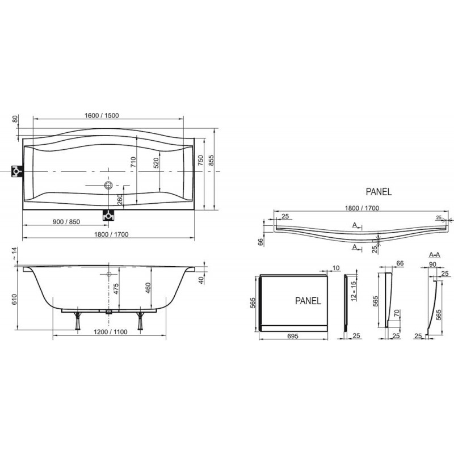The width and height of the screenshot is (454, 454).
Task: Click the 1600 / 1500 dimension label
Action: pyautogui.click(x=102, y=116)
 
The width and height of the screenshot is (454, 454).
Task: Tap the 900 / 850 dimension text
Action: pyautogui.click(x=66, y=222)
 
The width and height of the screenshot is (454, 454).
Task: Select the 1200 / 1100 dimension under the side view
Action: pyautogui.click(x=110, y=332)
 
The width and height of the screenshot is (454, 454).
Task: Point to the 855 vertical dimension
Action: pyautogui.click(x=211, y=161)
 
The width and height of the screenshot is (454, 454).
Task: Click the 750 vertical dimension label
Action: pyautogui.click(x=201, y=161)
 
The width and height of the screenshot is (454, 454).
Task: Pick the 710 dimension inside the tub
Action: pyautogui.click(x=133, y=162)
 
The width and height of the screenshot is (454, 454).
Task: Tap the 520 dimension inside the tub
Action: pyautogui.click(x=156, y=163)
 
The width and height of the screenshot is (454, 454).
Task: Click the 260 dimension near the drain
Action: pyautogui.click(x=120, y=200)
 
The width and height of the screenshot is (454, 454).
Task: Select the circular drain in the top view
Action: pyautogui.click(x=108, y=185)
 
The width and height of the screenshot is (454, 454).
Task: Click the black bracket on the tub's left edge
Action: pyautogui.click(x=17, y=171)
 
